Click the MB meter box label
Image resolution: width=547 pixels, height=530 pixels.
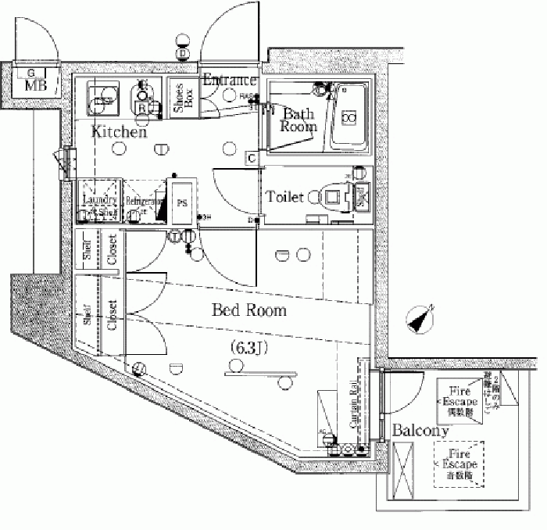coord(34,84)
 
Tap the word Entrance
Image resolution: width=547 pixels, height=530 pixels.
coord(230,80)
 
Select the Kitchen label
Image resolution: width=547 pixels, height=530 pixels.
coord(119,133)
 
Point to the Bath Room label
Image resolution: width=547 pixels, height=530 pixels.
coord(298,120)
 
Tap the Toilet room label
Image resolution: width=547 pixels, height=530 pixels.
coord(284,198)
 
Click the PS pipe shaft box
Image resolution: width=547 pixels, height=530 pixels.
coord(182,202)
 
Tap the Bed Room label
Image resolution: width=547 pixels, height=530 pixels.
coord(249,310)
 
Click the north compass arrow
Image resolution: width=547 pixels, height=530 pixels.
coord(420,318)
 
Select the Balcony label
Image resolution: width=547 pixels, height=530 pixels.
coord(420,431)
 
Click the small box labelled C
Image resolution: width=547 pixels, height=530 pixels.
coord(252,157)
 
